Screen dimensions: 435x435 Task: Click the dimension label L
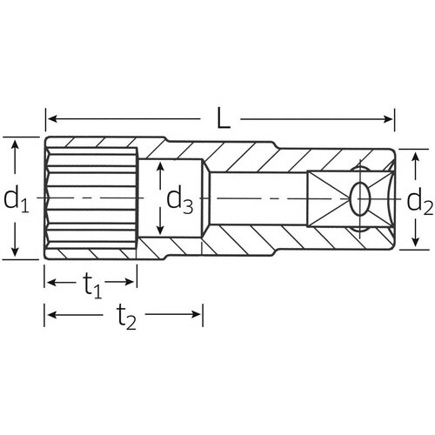[x=224, y=118]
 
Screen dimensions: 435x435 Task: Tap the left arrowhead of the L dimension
[x=50, y=118]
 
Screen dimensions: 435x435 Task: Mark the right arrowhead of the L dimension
[x=391, y=118]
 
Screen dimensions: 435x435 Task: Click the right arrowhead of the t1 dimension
[x=132, y=282]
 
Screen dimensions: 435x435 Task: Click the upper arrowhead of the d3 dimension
[x=160, y=165]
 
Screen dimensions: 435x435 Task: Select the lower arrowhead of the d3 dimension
[x=160, y=232]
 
